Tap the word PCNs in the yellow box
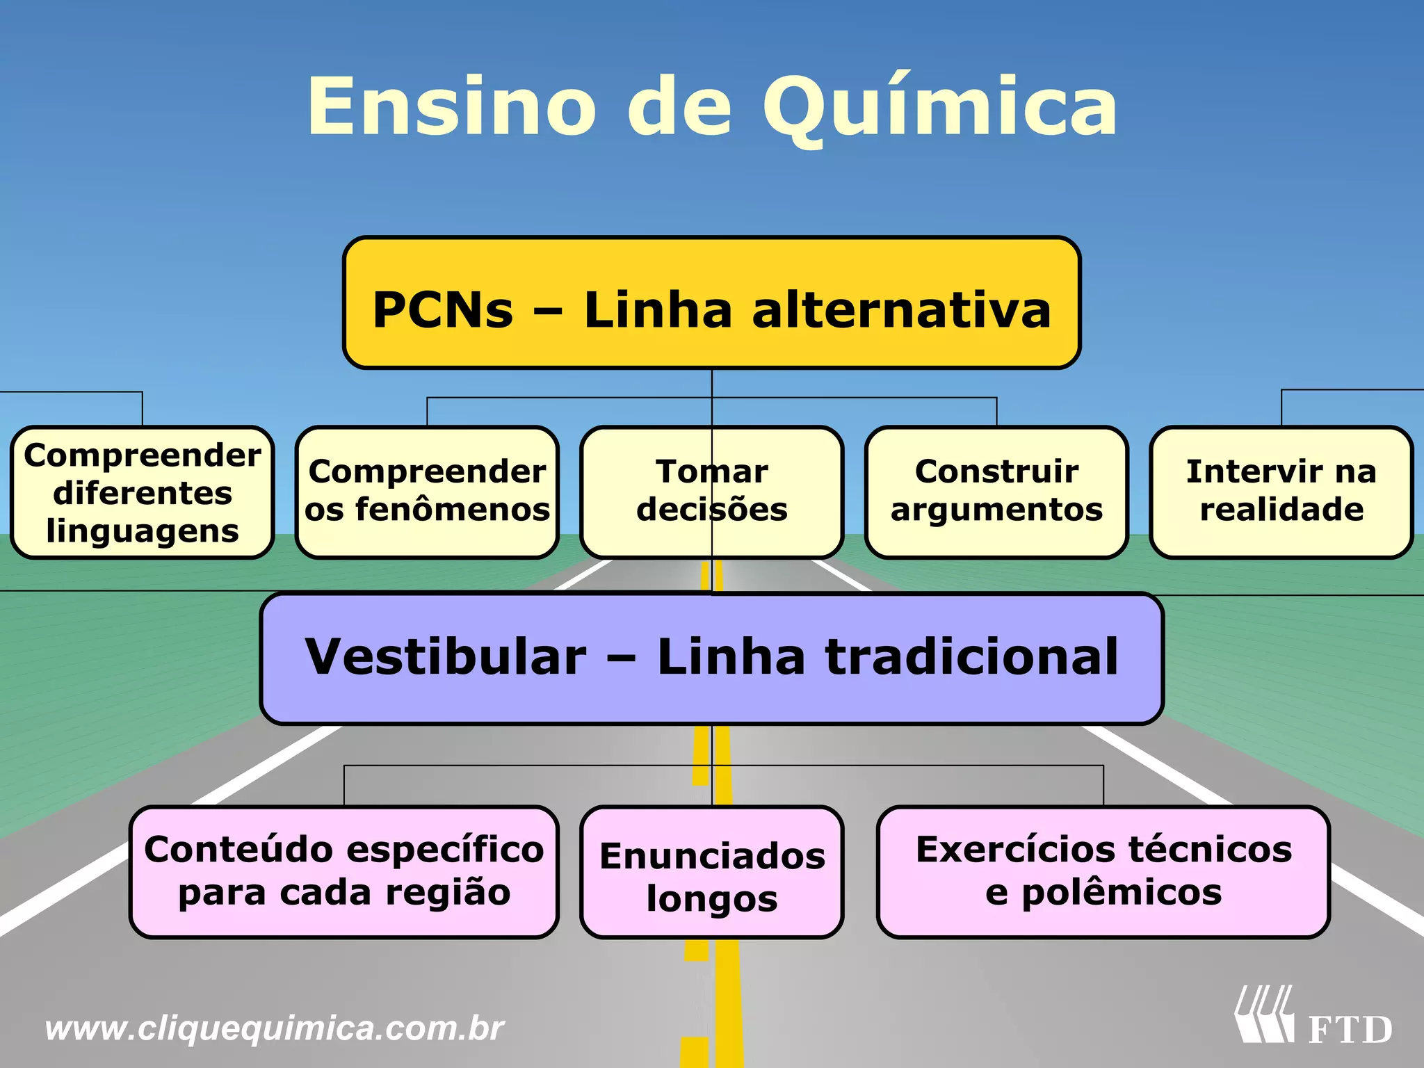443,310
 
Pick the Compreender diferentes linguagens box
143,492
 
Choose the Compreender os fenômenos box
427,492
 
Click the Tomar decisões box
711,492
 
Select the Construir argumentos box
996,492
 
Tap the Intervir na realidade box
1281,492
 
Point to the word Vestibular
446,657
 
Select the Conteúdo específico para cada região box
344,872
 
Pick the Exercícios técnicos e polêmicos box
1103,872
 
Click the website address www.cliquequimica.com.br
274,1028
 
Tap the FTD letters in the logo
1350,1030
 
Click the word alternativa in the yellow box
901,310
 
